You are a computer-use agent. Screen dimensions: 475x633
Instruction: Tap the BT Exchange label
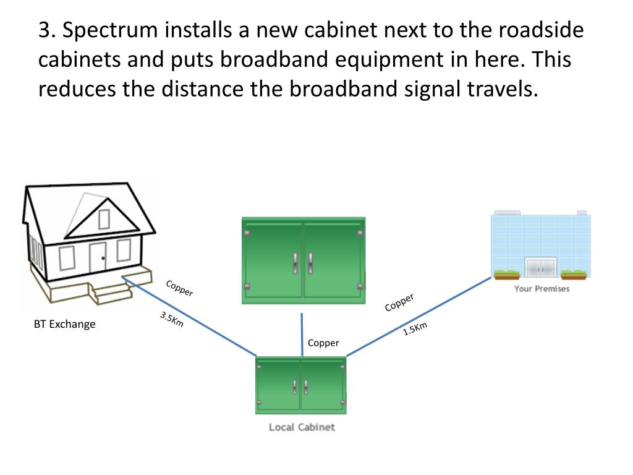65,324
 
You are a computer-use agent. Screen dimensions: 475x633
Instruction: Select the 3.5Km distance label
172,320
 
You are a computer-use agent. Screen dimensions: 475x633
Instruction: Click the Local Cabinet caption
302,427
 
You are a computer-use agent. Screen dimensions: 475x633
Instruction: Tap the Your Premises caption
542,289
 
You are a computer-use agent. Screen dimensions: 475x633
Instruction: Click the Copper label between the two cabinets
323,343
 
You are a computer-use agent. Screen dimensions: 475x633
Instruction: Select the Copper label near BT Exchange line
180,288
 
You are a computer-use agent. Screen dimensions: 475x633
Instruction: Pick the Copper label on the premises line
399,302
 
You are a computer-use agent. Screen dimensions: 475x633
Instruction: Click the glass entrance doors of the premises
541,268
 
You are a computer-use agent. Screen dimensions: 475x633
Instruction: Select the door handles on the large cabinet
302,262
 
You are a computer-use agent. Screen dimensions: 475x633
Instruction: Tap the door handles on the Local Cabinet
300,387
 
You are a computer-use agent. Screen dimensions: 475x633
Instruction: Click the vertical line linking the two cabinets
302,334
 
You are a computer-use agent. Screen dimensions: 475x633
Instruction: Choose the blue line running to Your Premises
420,316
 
